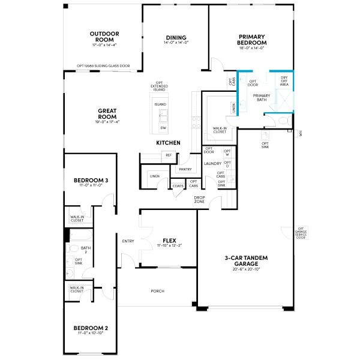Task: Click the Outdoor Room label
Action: coord(104,37)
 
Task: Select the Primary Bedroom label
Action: coord(252,40)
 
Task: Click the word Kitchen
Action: coord(168,143)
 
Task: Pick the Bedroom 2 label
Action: coord(91,328)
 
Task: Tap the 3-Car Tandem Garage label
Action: coord(246,260)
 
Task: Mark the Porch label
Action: coord(158,291)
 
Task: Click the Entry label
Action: coord(128,241)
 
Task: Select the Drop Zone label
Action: coord(200,200)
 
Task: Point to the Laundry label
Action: coord(213,163)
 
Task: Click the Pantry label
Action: coord(184,170)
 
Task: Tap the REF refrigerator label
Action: coord(168,155)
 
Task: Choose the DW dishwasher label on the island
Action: coord(163,128)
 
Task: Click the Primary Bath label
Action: coord(262,98)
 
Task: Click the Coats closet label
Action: coord(178,186)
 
